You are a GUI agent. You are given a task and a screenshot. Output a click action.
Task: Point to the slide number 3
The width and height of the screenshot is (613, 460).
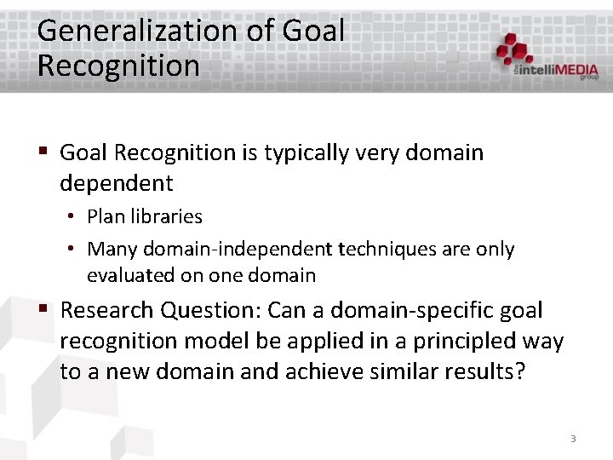(x=573, y=439)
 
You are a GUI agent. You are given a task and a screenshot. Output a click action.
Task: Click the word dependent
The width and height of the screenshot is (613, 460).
(x=117, y=183)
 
